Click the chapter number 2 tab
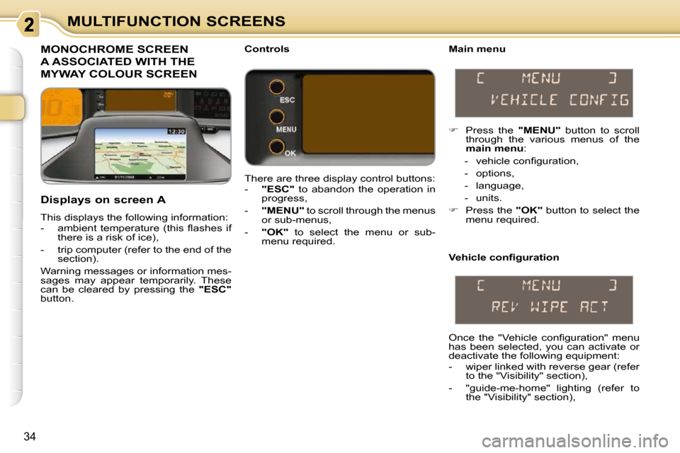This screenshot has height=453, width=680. tap(28, 24)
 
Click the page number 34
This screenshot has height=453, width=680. tap(30, 437)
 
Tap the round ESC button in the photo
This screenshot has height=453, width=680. tap(277, 87)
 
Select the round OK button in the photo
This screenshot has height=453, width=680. tap(277, 147)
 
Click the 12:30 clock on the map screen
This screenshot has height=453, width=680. tap(176, 132)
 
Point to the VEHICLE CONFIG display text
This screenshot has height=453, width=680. tap(560, 100)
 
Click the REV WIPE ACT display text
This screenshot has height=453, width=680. tap(550, 307)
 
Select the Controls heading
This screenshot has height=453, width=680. tap(267, 49)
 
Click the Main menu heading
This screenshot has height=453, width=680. tap(477, 49)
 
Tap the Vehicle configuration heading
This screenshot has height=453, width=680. tap(504, 258)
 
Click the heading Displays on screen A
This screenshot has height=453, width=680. tap(103, 200)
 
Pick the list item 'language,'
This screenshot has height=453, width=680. tap(499, 186)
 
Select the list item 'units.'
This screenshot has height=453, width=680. tap(489, 198)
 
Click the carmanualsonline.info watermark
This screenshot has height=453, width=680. tap(575, 441)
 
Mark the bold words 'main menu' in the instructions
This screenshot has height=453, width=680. tap(494, 149)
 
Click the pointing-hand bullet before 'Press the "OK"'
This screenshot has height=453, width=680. tap(453, 210)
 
